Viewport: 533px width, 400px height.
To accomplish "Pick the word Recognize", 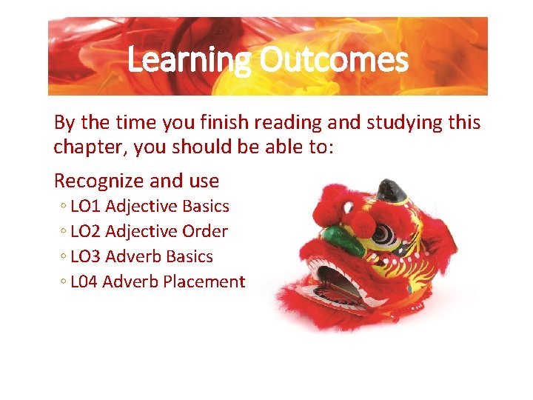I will click(99, 181).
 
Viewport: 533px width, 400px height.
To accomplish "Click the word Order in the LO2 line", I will click(205, 231).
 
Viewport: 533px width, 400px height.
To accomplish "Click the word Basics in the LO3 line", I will click(190, 256).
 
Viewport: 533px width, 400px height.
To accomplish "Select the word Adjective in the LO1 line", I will click(141, 206).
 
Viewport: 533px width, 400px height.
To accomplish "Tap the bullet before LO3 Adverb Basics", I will click(64, 257).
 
